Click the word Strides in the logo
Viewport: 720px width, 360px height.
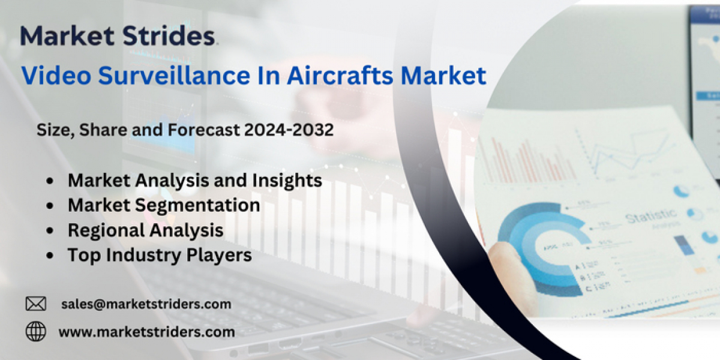click(169, 35)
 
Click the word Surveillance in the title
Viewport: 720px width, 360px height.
click(174, 76)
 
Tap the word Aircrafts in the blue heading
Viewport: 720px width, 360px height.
click(340, 76)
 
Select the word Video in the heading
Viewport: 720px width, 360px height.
click(56, 76)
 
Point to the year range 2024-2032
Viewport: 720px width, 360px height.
click(289, 130)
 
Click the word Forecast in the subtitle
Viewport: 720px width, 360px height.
click(203, 130)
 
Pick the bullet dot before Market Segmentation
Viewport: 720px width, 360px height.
click(50, 206)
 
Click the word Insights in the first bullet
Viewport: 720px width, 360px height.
click(287, 181)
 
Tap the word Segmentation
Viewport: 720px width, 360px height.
click(197, 206)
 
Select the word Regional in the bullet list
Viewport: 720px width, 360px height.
click(106, 231)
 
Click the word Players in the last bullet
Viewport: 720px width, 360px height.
click(219, 256)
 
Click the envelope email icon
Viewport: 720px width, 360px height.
click(35, 304)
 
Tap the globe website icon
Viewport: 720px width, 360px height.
click(35, 331)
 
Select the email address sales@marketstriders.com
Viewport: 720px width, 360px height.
click(146, 304)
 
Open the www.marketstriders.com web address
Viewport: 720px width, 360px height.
click(146, 332)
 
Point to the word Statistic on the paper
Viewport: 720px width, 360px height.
click(651, 215)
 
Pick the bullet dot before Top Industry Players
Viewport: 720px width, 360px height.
click(50, 256)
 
